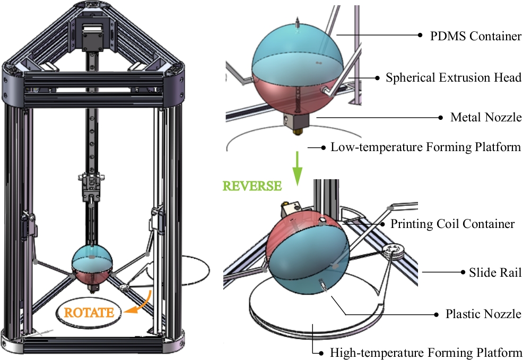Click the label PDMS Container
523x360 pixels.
point(469,36)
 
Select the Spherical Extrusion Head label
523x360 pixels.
point(454,77)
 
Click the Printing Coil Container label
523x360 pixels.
point(452,224)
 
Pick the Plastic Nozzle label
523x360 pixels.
point(483,314)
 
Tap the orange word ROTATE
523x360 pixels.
point(89,312)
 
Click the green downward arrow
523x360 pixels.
point(297,169)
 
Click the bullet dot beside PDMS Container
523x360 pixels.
point(419,36)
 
